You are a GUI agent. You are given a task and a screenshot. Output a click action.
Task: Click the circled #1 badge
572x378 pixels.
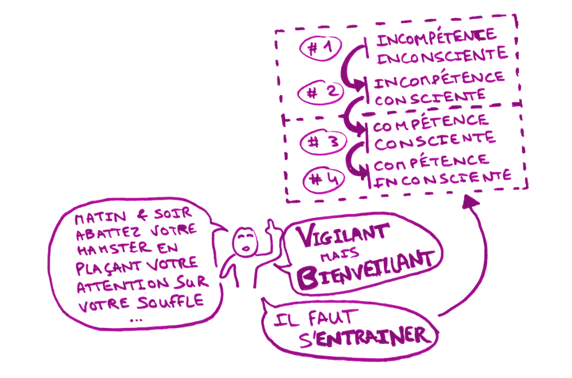pyautogui.click(x=321, y=48)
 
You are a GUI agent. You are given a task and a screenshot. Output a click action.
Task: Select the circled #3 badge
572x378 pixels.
pyautogui.click(x=323, y=142)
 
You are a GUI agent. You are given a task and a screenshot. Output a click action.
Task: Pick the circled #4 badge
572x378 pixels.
pyautogui.click(x=324, y=180)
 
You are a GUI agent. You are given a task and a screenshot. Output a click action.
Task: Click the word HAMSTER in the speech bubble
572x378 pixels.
pyautogui.click(x=114, y=248)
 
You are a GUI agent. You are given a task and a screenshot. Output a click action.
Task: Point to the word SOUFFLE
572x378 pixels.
pyautogui.click(x=170, y=302)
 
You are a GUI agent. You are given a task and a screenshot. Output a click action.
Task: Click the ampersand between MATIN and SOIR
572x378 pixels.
pyautogui.click(x=142, y=216)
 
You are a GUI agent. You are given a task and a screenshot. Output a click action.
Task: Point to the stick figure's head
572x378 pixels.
pyautogui.click(x=245, y=242)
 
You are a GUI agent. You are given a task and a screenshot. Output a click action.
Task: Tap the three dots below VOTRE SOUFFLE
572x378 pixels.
pyautogui.click(x=136, y=321)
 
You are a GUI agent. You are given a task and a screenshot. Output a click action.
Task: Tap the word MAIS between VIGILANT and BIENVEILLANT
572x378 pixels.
pyautogui.click(x=340, y=255)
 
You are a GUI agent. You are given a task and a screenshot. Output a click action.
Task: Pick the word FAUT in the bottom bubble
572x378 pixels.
pyautogui.click(x=331, y=318)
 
